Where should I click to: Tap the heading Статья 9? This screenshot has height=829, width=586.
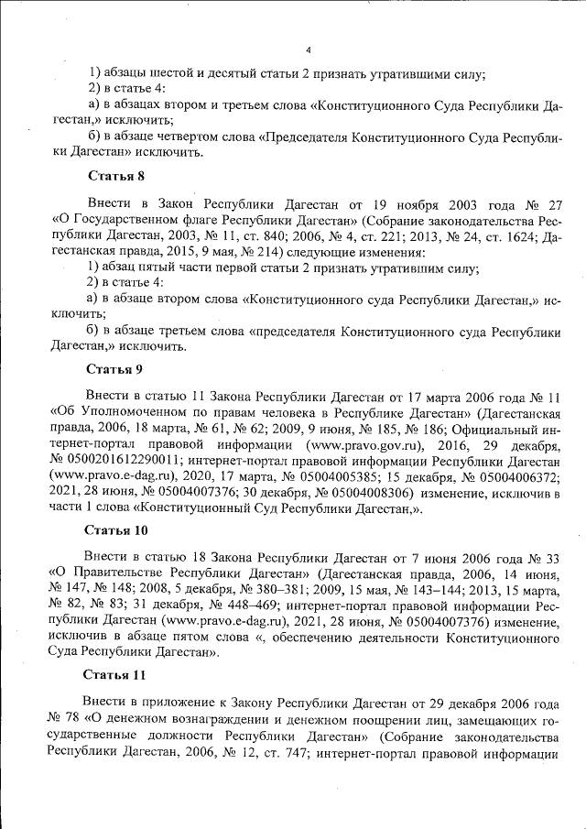click(x=115, y=370)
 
